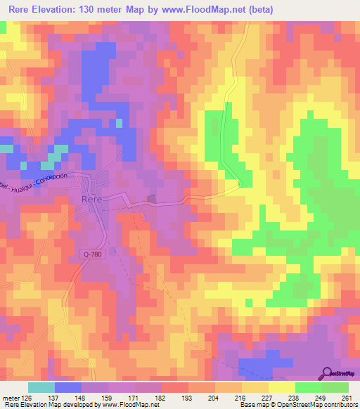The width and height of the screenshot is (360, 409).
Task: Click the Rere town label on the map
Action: coord(93,199)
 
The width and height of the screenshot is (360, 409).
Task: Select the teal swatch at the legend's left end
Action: coord(41,387)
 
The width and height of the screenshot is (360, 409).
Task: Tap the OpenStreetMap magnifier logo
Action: coord(328,373)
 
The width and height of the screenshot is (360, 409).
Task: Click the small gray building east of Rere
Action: coord(151,198)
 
